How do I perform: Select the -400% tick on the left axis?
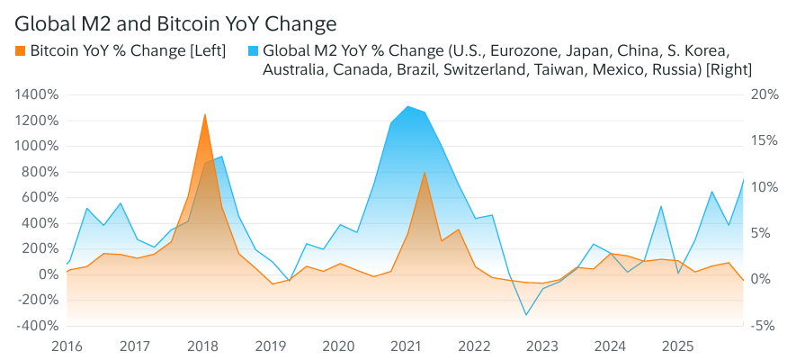[x=37, y=326]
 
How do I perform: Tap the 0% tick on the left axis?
[x=47, y=274]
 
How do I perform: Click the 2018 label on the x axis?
[x=202, y=346]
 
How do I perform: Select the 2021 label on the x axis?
[x=407, y=346]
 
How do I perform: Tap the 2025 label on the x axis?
[x=678, y=346]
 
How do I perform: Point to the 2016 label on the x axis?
[x=67, y=346]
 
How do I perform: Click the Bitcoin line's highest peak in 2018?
[x=205, y=114]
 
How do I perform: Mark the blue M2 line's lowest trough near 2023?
[x=526, y=315]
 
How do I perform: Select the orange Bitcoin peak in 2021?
[x=425, y=172]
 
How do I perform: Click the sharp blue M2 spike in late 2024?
[x=661, y=206]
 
